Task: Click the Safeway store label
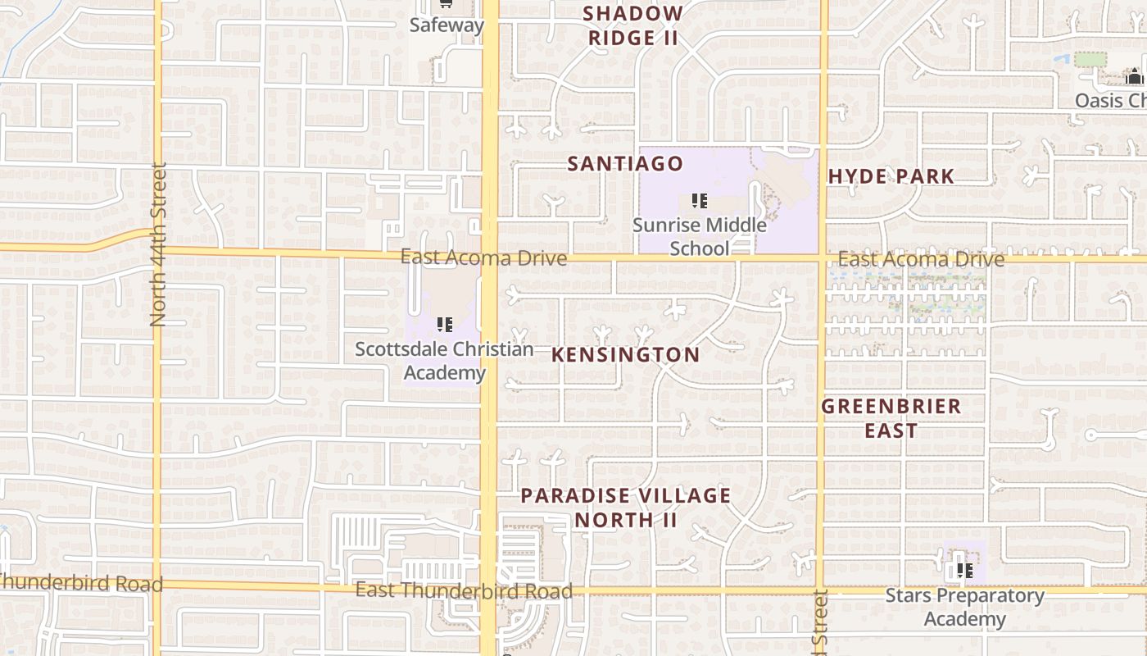[x=447, y=25]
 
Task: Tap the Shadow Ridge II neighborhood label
[x=633, y=25]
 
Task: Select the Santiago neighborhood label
[x=625, y=164]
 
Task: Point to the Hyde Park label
[x=891, y=176]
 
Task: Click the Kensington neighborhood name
[x=626, y=355]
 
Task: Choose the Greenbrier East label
[x=891, y=418]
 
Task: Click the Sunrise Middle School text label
[x=700, y=236]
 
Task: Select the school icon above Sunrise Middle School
[x=699, y=201]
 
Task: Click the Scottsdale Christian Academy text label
[x=444, y=361]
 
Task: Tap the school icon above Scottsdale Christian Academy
[x=444, y=325]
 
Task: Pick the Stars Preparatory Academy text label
[x=964, y=607]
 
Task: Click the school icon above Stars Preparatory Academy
[x=964, y=570]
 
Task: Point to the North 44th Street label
[x=158, y=244]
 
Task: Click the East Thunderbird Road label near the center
[x=464, y=590]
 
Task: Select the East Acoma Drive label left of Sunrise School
[x=483, y=258]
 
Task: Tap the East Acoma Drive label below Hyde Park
[x=921, y=260]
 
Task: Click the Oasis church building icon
[x=1134, y=77]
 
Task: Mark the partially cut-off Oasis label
[x=1110, y=100]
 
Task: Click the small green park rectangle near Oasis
[x=1090, y=59]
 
